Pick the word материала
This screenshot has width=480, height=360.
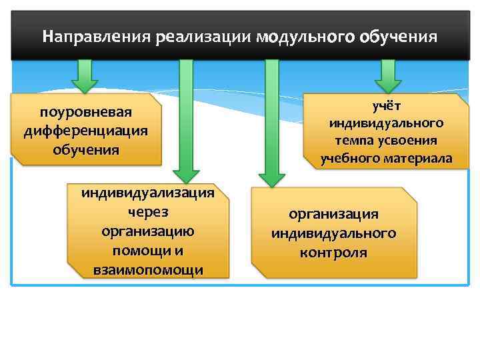tap(418, 158)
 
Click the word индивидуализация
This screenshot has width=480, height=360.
tap(148, 193)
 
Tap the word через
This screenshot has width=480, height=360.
tap(148, 212)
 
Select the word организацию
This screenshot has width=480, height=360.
tap(148, 231)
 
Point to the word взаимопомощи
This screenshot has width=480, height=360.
tap(148, 269)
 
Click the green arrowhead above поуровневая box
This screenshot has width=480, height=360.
tap(85, 85)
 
